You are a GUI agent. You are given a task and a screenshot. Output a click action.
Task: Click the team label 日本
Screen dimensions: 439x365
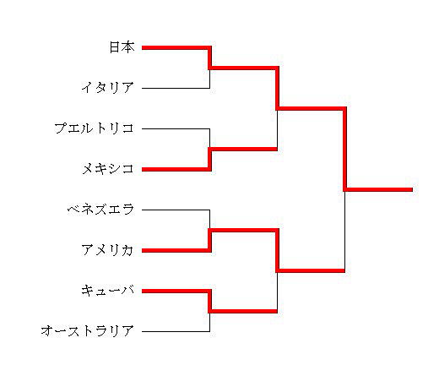tap(122, 47)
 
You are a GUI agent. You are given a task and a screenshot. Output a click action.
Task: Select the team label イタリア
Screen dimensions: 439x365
tap(108, 88)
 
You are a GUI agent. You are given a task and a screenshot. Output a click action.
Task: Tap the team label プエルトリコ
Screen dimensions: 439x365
tap(94, 128)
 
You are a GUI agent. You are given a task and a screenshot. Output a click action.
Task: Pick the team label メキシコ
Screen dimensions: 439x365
tap(108, 169)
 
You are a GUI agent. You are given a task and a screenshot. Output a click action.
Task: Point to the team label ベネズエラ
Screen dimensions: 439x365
tap(100, 210)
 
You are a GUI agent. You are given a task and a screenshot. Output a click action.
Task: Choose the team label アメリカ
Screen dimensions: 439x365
tap(107, 250)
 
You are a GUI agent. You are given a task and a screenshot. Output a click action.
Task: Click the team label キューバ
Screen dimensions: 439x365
tap(108, 291)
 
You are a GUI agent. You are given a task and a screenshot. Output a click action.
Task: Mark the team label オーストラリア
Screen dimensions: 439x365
tap(87, 331)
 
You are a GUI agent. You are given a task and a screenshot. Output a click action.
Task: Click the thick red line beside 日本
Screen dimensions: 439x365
tap(176, 48)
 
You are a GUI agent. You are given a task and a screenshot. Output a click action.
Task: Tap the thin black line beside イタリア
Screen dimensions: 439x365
tap(176, 88)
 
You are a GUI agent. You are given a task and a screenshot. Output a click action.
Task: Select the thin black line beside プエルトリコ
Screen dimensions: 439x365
tap(176, 128)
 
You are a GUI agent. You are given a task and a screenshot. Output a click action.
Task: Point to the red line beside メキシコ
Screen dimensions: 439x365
tap(176, 169)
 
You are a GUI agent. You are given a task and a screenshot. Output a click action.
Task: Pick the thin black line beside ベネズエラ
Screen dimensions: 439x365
tap(176, 210)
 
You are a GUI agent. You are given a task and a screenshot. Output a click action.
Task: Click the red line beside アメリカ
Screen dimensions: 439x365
tap(176, 250)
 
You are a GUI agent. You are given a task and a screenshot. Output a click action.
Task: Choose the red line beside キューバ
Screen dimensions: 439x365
tap(176, 291)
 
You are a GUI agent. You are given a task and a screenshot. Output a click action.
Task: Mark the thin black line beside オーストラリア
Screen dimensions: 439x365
tap(176, 331)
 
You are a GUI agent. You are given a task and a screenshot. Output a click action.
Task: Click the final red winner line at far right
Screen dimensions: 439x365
tap(378, 189)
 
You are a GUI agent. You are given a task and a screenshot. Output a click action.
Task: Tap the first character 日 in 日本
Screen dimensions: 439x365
tap(115, 47)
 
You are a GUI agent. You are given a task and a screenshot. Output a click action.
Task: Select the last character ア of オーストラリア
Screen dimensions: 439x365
tap(127, 331)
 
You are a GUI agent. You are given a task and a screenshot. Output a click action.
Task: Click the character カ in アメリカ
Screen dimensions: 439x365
tap(127, 250)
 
